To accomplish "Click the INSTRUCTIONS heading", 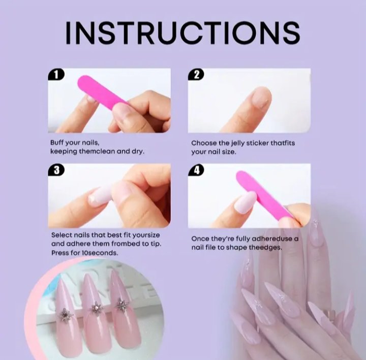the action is (182, 33).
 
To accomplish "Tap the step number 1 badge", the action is (56, 75).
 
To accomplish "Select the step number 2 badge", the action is (196, 75).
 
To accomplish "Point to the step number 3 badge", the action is (56, 170).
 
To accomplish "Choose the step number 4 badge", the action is (196, 170).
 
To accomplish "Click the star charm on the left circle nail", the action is (65, 315).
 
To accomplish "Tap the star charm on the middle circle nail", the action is (96, 308).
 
